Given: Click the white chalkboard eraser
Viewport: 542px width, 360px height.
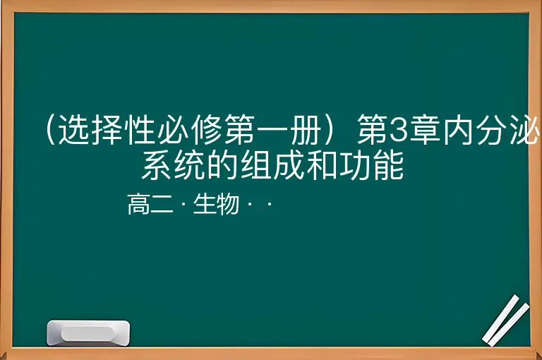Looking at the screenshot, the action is [x=88, y=333].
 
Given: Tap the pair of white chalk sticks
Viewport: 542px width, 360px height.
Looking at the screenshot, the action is [x=506, y=320].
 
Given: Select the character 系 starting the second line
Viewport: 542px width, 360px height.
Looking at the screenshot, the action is [x=156, y=165].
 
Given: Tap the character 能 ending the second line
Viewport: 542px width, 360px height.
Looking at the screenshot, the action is [x=388, y=165].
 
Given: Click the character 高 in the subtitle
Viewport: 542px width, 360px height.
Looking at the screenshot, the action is [x=138, y=204].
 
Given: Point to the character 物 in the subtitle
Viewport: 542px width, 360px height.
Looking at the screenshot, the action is [x=228, y=204].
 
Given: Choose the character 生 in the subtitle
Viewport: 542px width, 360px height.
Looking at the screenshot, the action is [x=205, y=204].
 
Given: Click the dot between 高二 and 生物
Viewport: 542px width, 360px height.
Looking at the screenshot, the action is [x=183, y=205].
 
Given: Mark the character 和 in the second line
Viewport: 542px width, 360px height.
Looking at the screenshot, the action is [x=322, y=165].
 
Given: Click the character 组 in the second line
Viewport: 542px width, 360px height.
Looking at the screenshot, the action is [x=255, y=165].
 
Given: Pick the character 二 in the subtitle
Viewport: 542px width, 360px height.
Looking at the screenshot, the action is [x=162, y=204].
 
